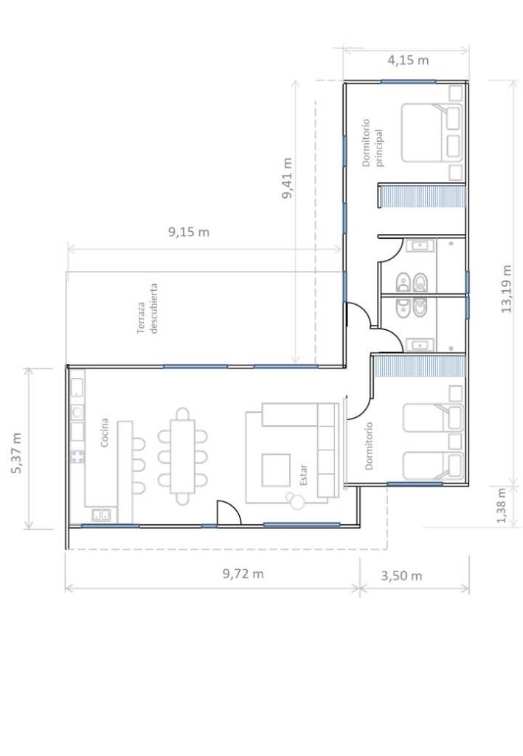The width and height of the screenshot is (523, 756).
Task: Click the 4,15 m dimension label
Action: [x=408, y=61]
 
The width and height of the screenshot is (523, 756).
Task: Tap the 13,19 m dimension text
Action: [x=506, y=289]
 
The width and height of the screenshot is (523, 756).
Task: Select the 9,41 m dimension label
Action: [x=287, y=178]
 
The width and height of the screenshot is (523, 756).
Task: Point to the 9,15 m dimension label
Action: [x=189, y=232]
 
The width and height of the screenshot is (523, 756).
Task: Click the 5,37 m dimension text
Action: [x=16, y=453]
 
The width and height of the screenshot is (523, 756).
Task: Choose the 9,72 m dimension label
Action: [x=243, y=574]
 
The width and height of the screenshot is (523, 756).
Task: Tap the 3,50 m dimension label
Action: [x=401, y=576]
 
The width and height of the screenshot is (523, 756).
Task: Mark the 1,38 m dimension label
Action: [x=502, y=505]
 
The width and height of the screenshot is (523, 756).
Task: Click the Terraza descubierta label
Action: [x=148, y=309]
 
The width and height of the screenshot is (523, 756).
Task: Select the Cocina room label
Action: [x=105, y=433]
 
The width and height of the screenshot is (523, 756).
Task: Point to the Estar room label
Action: [x=303, y=475]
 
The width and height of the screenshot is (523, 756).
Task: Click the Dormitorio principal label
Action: [x=373, y=142]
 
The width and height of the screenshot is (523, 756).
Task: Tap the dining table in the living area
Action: [x=182, y=456]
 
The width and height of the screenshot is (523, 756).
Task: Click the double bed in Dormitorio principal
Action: [x=432, y=133]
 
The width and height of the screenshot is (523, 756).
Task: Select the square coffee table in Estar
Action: [x=276, y=470]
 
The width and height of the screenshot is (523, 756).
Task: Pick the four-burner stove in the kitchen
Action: [x=77, y=456]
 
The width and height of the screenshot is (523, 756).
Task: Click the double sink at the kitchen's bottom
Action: [x=101, y=515]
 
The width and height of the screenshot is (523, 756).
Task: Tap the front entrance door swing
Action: [x=229, y=512]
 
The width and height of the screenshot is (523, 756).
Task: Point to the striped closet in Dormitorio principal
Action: [x=423, y=196]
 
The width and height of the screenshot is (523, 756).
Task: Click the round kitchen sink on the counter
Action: [x=77, y=412]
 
